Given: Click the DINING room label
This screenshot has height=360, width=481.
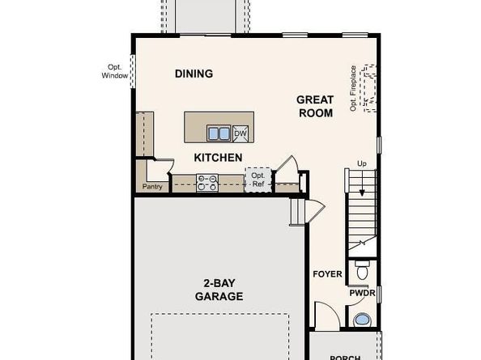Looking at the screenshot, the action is pos(194,74).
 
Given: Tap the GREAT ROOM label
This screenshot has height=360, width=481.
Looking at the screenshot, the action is pos(315,106).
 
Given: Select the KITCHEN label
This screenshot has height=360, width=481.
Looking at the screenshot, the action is pos(218,158).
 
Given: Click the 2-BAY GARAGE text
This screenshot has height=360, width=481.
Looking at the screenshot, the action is pos(219,290).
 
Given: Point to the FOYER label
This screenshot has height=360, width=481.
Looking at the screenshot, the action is pos(327,274).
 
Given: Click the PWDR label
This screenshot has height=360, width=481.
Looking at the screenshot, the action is pos(362,293).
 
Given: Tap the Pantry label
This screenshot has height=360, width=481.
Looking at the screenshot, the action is pos(152,187).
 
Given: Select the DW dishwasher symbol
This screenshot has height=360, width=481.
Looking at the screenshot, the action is pos(240,134).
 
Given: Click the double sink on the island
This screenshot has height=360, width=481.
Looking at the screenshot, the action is pos(219,133).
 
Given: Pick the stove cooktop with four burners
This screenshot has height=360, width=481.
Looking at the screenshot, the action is pos(207,183).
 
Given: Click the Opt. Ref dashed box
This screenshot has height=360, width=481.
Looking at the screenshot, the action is pos(258,180).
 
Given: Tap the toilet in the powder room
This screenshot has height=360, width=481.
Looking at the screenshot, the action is pos(362,270).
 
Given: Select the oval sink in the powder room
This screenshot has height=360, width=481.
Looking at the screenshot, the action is pos(362,320).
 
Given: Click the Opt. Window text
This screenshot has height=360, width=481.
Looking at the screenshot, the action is pos(115,71).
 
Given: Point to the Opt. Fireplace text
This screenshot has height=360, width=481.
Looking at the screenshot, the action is pos(353,88).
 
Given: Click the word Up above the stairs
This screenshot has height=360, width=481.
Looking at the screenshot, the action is pos(362,164).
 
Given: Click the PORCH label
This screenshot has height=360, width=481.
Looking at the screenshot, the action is pos(345,358).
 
